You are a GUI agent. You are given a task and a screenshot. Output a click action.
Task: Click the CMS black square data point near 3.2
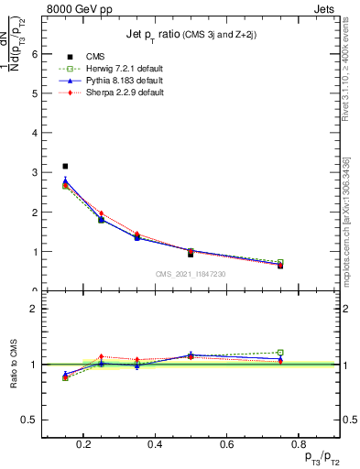(65, 166)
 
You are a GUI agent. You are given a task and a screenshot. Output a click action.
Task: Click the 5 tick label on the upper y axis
(34, 93)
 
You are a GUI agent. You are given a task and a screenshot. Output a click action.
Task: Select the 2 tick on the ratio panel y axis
(34, 309)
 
